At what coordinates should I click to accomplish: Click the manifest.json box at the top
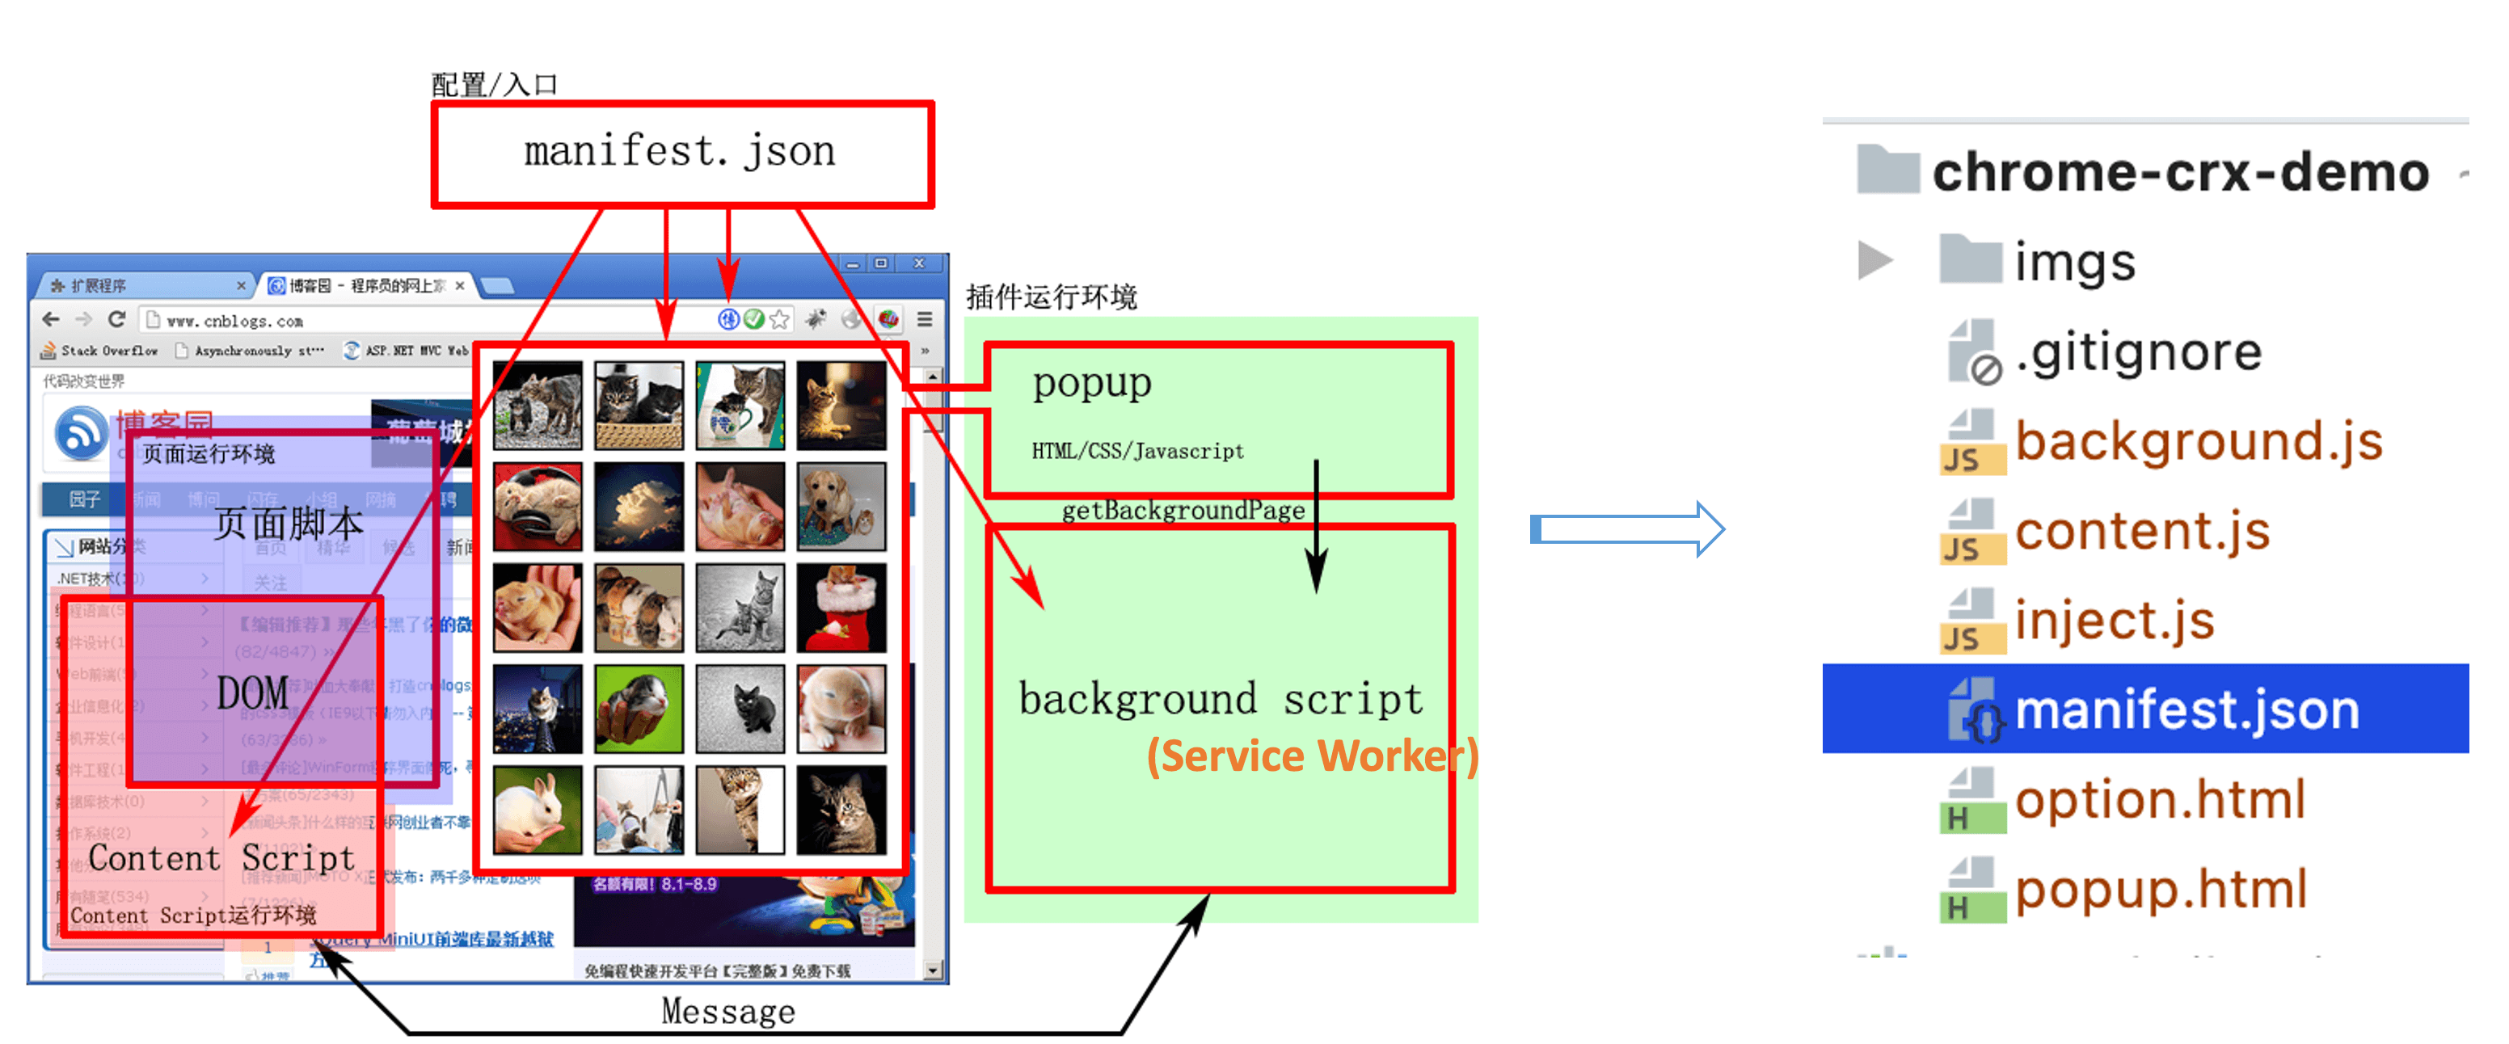[681, 154]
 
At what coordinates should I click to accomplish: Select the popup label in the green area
[1091, 384]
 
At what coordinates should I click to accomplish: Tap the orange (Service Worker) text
[1311, 756]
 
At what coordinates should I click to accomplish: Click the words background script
[1220, 699]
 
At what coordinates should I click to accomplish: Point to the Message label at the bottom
[727, 1012]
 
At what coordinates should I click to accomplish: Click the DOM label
[252, 693]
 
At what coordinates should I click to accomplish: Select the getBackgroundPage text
[1183, 511]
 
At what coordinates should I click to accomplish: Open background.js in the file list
[2197, 442]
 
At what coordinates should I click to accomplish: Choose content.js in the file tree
[2142, 532]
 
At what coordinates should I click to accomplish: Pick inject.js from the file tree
[2114, 621]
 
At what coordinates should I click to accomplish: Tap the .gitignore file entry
[2137, 352]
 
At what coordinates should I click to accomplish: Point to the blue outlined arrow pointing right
[1626, 530]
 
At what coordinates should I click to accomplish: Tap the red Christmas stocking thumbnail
[841, 608]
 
